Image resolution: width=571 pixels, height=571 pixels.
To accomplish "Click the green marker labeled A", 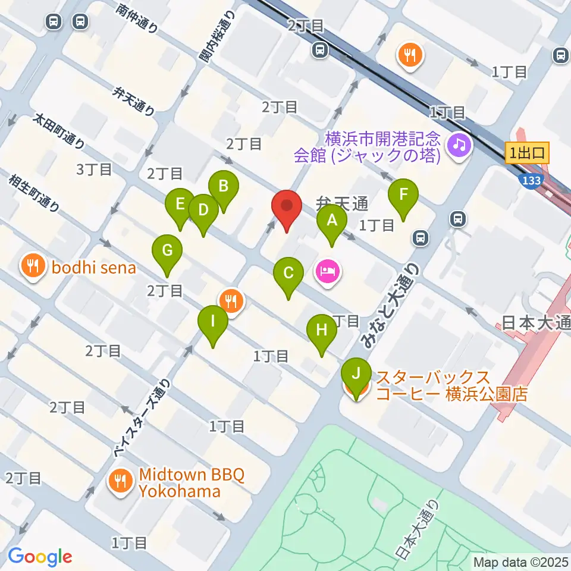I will pyautogui.click(x=332, y=222).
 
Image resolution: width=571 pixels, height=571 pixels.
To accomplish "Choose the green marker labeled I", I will pyautogui.click(x=212, y=323).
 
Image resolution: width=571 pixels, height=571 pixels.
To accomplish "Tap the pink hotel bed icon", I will pyautogui.click(x=328, y=273).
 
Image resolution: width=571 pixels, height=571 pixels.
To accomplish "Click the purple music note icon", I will pyautogui.click(x=459, y=145).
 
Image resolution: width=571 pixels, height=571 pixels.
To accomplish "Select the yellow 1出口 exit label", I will pyautogui.click(x=526, y=153).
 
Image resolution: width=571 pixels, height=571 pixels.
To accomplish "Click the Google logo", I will pyautogui.click(x=40, y=557).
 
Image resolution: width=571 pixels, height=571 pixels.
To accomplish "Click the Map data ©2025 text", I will pyautogui.click(x=520, y=561).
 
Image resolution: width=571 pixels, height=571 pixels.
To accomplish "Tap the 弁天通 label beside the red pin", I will pyautogui.click(x=343, y=204).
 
